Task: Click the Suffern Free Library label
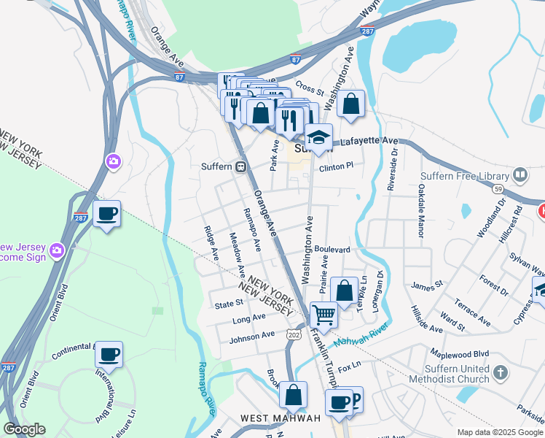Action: pyautogui.click(x=463, y=176)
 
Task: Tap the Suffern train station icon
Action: pyautogui.click(x=239, y=166)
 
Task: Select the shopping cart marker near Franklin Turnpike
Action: pyautogui.click(x=324, y=315)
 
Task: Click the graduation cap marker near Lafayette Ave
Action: pyautogui.click(x=318, y=136)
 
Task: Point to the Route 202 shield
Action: pyautogui.click(x=294, y=334)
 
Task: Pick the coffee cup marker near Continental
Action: pyautogui.click(x=109, y=355)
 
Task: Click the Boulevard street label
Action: pyautogui.click(x=333, y=250)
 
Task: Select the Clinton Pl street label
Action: pyautogui.click(x=336, y=166)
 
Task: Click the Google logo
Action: pyautogui.click(x=24, y=429)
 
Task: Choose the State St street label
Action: pyautogui.click(x=227, y=303)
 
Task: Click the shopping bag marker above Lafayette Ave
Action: pyautogui.click(x=350, y=104)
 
